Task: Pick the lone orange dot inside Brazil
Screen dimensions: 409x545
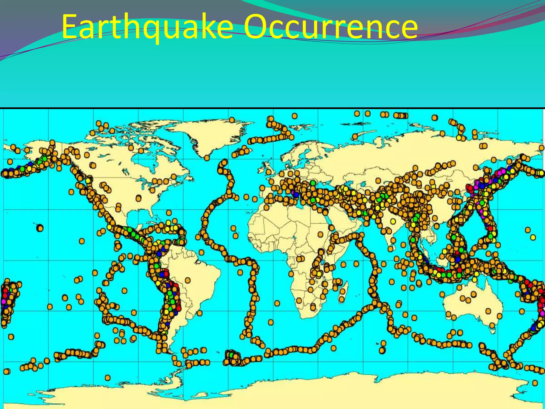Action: (188, 280)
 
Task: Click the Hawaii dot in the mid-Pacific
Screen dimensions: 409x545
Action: (40, 228)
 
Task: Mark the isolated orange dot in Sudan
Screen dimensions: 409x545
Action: (320, 234)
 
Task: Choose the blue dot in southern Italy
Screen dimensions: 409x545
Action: (296, 195)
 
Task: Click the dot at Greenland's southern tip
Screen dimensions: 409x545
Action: (207, 158)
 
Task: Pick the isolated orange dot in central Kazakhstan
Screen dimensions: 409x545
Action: (378, 181)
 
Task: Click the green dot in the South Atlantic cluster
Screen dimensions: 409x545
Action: (231, 355)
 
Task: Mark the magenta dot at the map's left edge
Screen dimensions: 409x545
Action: (3, 301)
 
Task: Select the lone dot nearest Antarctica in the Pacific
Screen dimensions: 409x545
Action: (108, 377)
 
